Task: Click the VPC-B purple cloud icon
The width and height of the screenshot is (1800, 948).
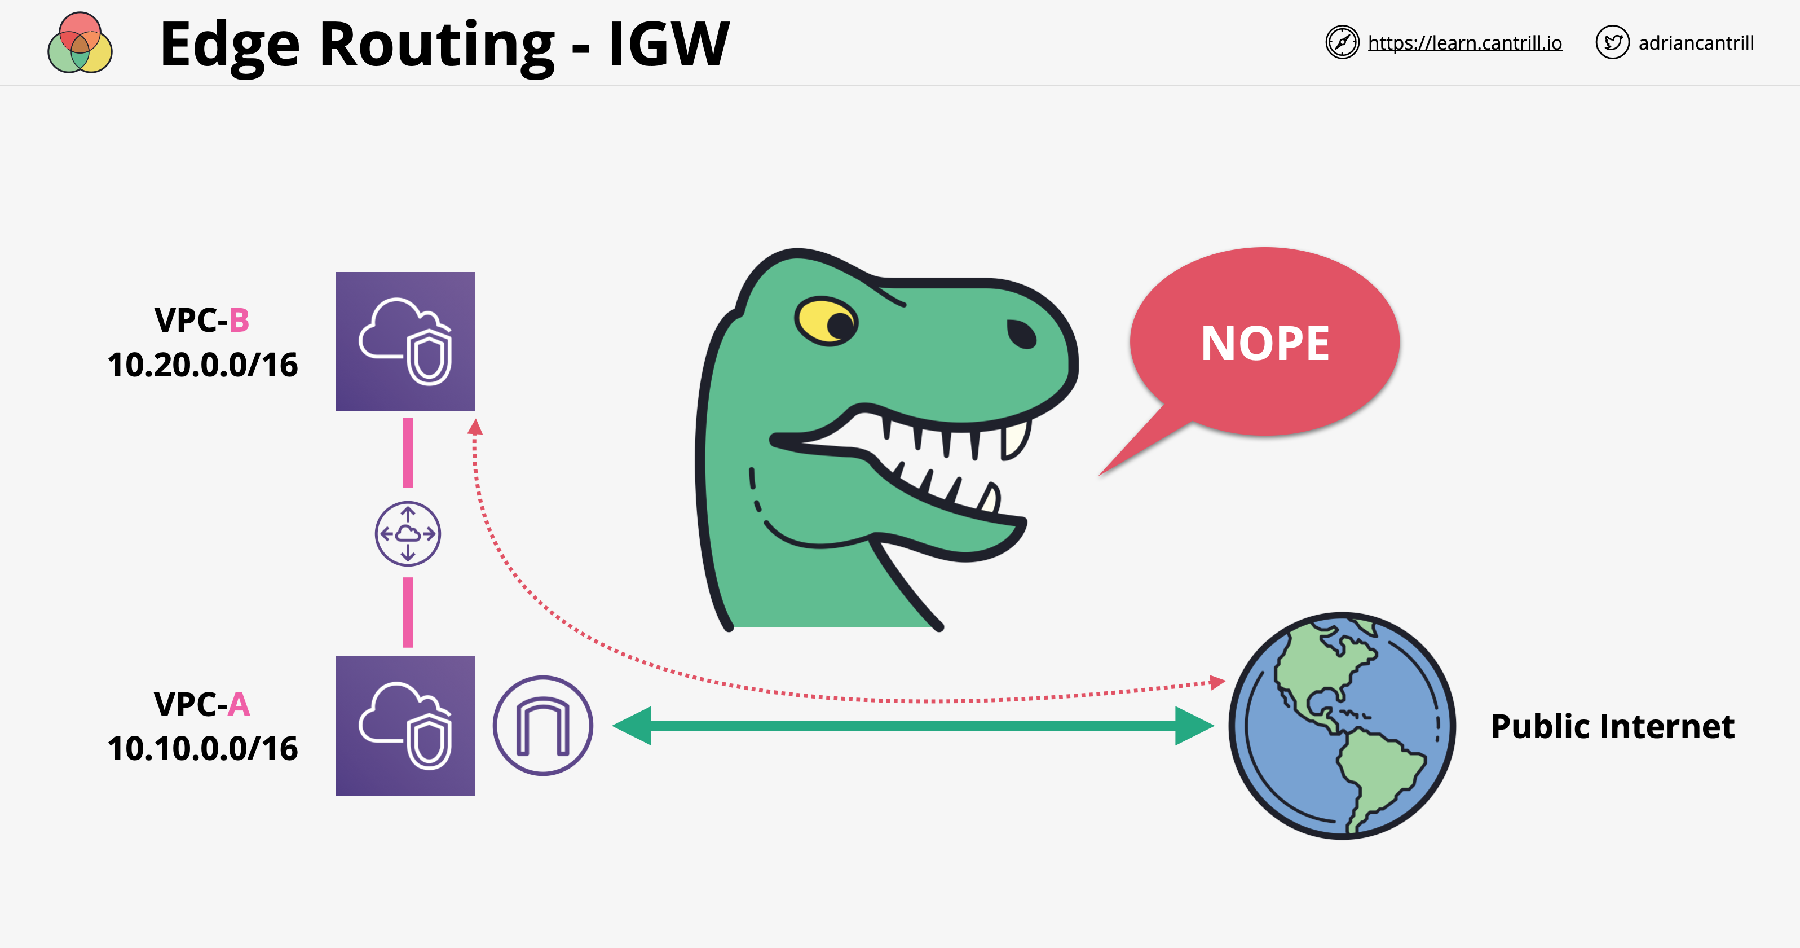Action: (x=405, y=341)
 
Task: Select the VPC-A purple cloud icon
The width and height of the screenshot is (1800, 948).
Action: (x=405, y=726)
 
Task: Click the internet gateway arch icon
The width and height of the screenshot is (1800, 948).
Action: (x=543, y=726)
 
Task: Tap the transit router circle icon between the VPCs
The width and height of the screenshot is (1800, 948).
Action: (x=408, y=533)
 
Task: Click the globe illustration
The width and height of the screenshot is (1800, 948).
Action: (x=1342, y=726)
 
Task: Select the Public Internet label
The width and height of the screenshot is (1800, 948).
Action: (x=1612, y=726)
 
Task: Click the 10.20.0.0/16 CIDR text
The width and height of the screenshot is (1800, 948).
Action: (x=202, y=365)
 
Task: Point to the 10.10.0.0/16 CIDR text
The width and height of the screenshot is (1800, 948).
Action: (x=202, y=749)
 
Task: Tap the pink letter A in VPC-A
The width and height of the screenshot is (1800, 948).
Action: (x=239, y=705)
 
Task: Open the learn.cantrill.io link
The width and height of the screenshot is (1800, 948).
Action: (x=1464, y=43)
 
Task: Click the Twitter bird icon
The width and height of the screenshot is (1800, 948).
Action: (x=1612, y=43)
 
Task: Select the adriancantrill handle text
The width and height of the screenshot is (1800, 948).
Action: (x=1696, y=43)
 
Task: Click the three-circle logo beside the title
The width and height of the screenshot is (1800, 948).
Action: (x=80, y=43)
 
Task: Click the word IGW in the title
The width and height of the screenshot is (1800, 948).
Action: (x=669, y=45)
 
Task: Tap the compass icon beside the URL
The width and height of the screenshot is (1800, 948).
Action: (x=1342, y=43)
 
